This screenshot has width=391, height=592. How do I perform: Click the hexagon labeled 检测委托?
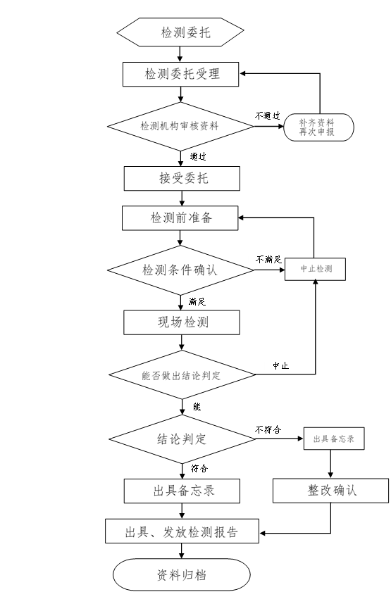click(x=180, y=32)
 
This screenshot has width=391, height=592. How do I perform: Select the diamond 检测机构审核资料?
click(x=180, y=126)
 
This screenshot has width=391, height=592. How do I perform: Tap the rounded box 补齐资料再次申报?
click(x=318, y=127)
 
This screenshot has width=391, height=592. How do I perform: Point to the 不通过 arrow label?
click(x=268, y=116)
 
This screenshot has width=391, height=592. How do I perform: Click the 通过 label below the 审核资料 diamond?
click(x=198, y=156)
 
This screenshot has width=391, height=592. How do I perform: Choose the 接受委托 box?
click(x=182, y=178)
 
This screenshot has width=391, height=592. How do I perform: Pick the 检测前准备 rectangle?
click(x=180, y=218)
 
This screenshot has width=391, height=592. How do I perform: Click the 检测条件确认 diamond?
click(x=180, y=270)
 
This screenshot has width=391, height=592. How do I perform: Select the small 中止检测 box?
click(x=315, y=269)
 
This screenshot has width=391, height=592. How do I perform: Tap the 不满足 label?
click(x=268, y=259)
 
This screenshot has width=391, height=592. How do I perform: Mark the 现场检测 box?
click(x=182, y=322)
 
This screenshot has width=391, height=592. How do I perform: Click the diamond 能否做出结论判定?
click(x=182, y=374)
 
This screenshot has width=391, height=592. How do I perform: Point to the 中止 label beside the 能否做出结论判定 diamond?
click(x=280, y=365)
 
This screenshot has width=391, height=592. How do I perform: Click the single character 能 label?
click(x=197, y=407)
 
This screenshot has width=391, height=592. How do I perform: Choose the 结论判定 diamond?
click(x=182, y=439)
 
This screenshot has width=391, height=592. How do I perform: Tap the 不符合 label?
click(x=268, y=429)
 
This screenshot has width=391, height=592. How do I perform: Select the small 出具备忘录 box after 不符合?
click(x=334, y=439)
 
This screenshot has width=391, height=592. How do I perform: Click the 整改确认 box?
click(x=331, y=491)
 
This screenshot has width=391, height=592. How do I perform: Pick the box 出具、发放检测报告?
click(x=182, y=531)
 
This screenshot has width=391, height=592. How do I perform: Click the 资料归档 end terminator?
click(x=182, y=574)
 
